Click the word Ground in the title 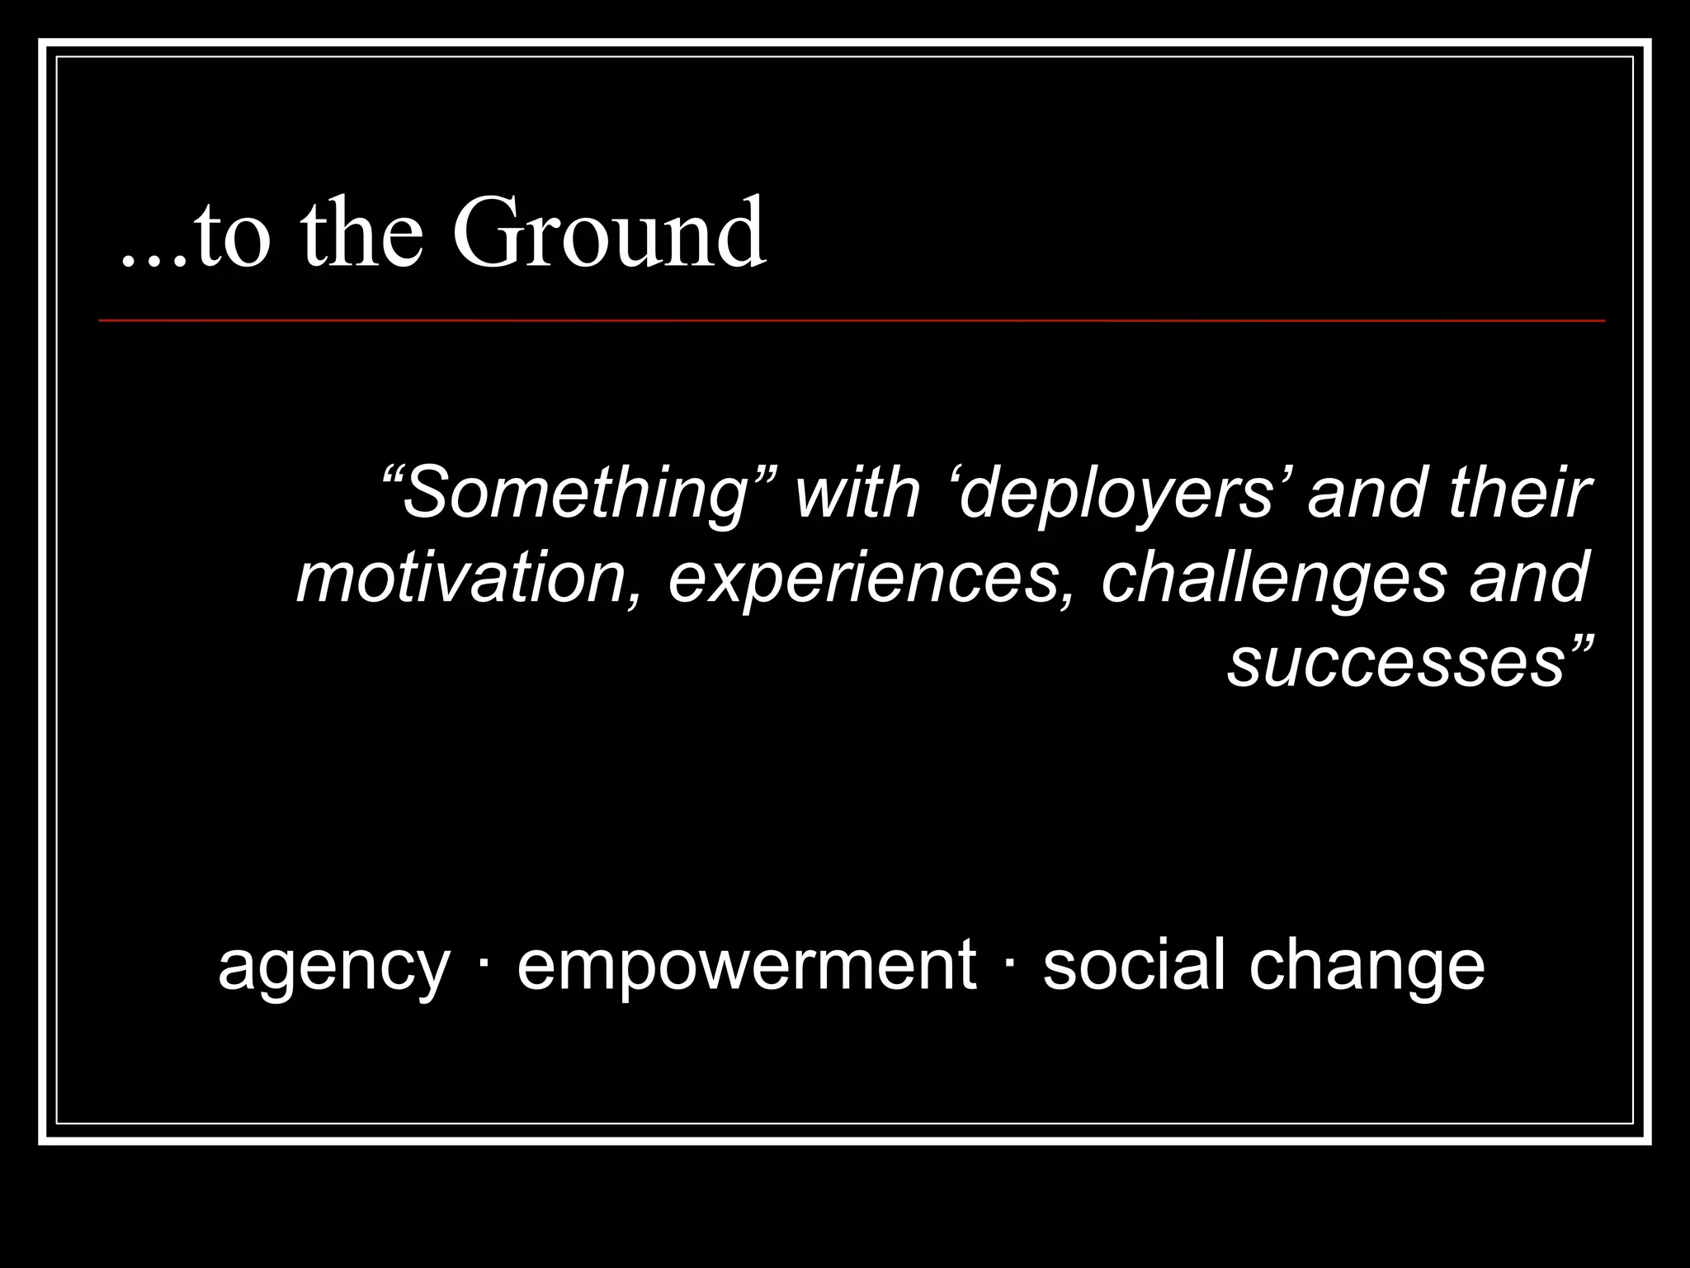pyautogui.click(x=609, y=233)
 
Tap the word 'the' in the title pyautogui.click(x=363, y=233)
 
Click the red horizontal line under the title pyautogui.click(x=850, y=320)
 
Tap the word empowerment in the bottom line pyautogui.click(x=746, y=966)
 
